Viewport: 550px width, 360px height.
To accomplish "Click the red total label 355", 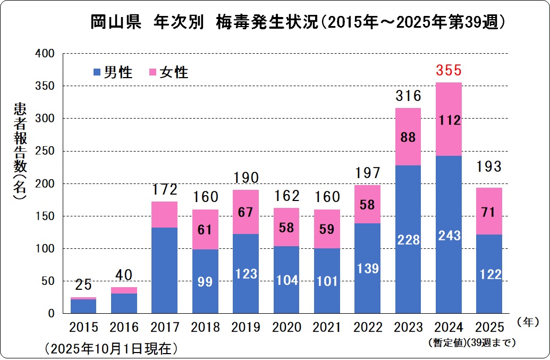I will click(449, 70).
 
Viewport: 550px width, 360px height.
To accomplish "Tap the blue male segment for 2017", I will click(165, 270).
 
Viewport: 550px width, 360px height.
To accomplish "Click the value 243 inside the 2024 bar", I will click(449, 235).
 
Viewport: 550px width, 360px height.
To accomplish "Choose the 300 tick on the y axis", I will click(48, 119).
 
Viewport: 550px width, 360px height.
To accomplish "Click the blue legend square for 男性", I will click(97, 72).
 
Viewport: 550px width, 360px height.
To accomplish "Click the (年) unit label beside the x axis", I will click(528, 322).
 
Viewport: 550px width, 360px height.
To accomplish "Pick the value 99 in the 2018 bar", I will click(206, 281).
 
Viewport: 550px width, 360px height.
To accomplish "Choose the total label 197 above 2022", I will click(367, 173).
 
